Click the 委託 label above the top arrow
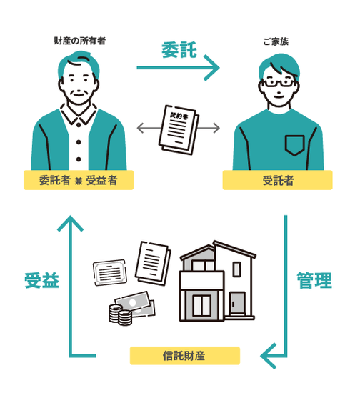point(179,50)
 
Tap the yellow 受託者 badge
point(278,180)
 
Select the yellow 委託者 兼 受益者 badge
point(79,180)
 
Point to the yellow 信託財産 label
point(185,355)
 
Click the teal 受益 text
point(42,280)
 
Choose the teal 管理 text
point(314,280)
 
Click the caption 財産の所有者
point(80,41)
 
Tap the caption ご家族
point(276,41)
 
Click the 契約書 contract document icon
point(179,129)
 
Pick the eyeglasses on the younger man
point(279,83)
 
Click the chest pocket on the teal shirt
point(294,145)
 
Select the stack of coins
point(120,314)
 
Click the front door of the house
point(237,303)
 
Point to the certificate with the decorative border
point(110,272)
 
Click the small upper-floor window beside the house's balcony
point(236,269)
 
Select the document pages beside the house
point(154,263)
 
